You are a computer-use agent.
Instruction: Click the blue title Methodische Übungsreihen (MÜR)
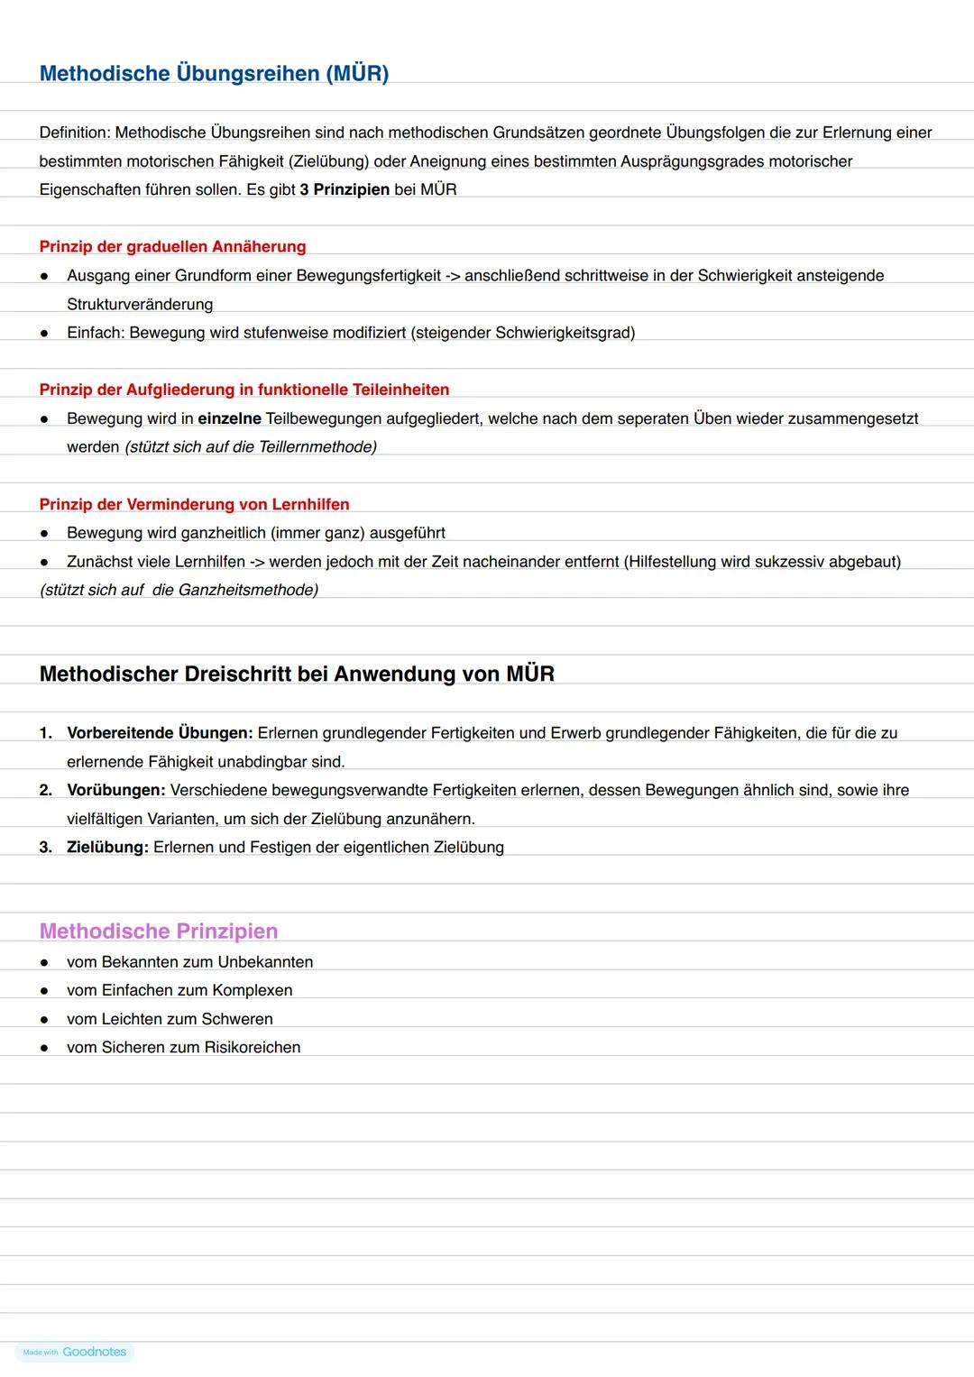tap(214, 73)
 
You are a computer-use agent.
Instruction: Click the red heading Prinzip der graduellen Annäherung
tap(172, 246)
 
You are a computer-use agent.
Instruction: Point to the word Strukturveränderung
tap(140, 304)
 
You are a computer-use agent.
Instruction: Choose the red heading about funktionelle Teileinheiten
tap(243, 390)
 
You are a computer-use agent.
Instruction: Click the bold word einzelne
tap(229, 418)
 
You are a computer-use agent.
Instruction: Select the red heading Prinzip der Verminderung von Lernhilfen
tap(194, 504)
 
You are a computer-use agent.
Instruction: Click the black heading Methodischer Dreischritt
tap(297, 674)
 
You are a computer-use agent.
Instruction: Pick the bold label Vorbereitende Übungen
tap(160, 732)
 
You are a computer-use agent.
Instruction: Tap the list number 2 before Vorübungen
tap(45, 790)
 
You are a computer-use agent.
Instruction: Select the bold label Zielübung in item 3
tap(107, 847)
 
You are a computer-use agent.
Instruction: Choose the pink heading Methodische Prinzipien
tap(159, 931)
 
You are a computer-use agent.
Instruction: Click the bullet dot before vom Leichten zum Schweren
tap(43, 1019)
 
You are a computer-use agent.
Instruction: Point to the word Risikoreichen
tap(253, 1047)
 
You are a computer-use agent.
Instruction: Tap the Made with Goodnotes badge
tap(75, 1352)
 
